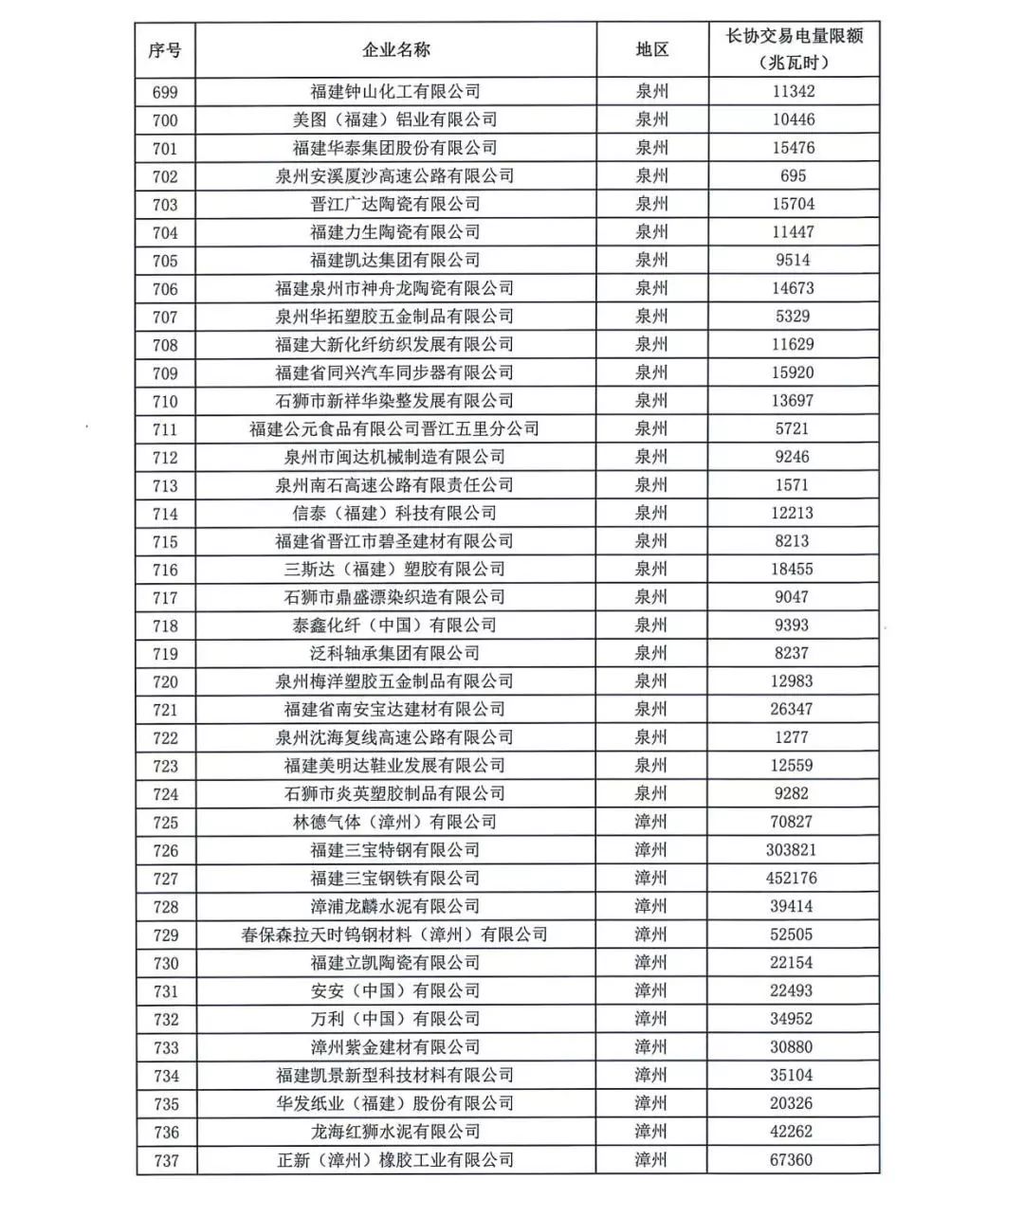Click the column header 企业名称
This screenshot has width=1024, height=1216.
tap(395, 50)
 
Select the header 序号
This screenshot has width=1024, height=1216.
tap(165, 50)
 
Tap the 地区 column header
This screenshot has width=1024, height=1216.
tap(651, 50)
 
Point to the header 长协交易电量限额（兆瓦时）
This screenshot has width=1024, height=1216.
tap(794, 49)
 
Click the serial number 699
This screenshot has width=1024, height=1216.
tap(165, 92)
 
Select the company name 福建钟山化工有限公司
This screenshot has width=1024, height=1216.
tap(395, 92)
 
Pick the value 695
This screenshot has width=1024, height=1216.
tap(794, 176)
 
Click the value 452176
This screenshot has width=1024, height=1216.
tap(792, 879)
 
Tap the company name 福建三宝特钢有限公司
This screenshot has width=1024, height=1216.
tap(395, 850)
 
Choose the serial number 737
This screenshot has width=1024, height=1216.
tap(165, 1160)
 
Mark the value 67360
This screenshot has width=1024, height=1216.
tap(792, 1160)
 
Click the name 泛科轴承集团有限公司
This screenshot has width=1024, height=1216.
tap(395, 653)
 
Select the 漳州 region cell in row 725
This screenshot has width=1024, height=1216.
tap(651, 822)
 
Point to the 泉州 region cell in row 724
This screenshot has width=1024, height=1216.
tap(651, 793)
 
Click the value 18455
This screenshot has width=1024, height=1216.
tap(792, 569)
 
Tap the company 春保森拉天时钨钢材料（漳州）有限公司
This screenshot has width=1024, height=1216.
tap(395, 935)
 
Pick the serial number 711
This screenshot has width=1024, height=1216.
tap(165, 429)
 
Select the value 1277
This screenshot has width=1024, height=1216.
tap(792, 737)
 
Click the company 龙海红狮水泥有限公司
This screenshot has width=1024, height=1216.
tap(395, 1132)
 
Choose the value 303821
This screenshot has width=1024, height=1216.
tap(792, 850)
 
